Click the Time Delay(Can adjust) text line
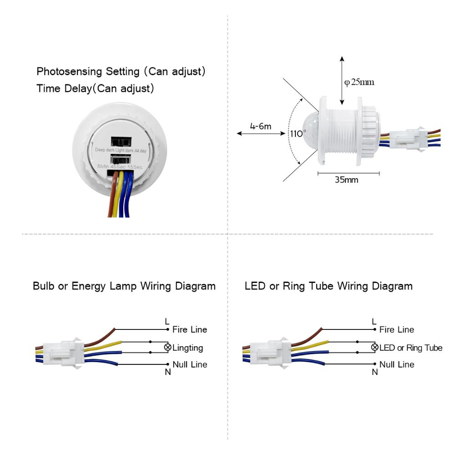(95, 88)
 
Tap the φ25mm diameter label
(359, 82)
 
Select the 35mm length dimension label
(346, 180)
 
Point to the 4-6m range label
(261, 126)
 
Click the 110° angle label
(298, 134)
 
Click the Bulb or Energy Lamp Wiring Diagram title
(124, 286)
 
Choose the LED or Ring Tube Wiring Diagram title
(329, 286)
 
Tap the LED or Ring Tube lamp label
(411, 348)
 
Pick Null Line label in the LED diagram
(397, 364)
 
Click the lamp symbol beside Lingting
(167, 348)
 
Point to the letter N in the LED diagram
(375, 372)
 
